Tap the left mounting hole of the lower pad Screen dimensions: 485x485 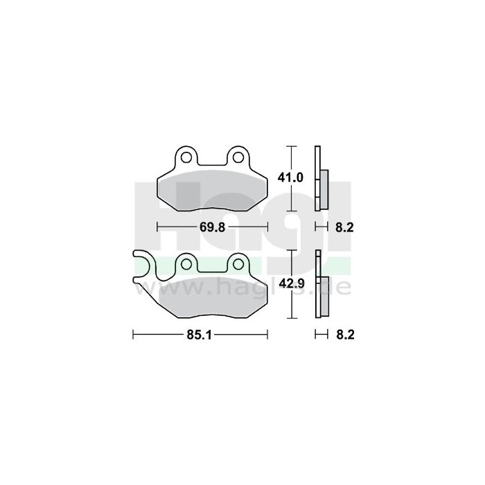tap(186, 263)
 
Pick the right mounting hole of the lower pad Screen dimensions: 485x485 tap(237, 263)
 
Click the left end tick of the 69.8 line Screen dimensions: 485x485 tap(158, 227)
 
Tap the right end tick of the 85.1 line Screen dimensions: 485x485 tap(267, 335)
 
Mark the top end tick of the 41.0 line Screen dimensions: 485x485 tap(292, 147)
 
